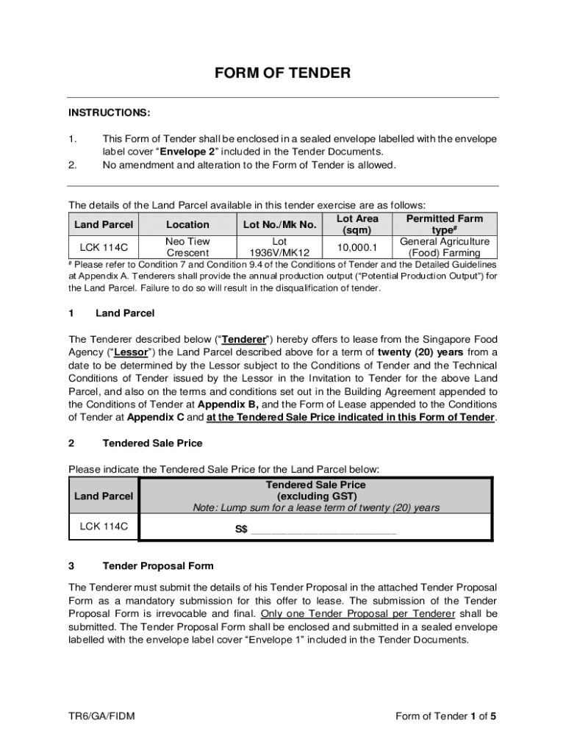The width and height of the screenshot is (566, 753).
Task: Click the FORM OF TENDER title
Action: point(282,73)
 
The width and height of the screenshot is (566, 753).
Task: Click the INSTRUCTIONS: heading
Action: point(110,113)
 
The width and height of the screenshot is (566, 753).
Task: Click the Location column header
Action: point(187,224)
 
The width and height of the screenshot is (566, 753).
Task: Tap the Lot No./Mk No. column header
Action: point(279,224)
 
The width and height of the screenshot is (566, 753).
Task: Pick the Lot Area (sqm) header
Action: point(357,224)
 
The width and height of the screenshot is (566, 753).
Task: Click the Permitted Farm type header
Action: point(445,224)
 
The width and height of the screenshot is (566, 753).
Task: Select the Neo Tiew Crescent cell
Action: point(187,247)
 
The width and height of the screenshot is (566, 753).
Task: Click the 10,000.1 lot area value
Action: point(357,248)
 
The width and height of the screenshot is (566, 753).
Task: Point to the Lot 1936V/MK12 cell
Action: point(279,247)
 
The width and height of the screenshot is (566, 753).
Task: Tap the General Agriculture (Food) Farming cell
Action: point(445,247)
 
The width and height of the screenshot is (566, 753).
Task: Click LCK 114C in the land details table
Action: point(104,247)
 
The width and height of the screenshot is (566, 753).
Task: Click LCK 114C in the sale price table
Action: point(104,527)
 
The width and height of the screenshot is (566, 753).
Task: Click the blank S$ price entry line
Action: point(323,529)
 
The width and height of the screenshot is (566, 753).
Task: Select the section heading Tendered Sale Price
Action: point(152,443)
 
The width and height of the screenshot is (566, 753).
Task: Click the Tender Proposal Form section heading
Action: point(158,565)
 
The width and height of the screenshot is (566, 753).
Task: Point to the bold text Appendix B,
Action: point(228,404)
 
